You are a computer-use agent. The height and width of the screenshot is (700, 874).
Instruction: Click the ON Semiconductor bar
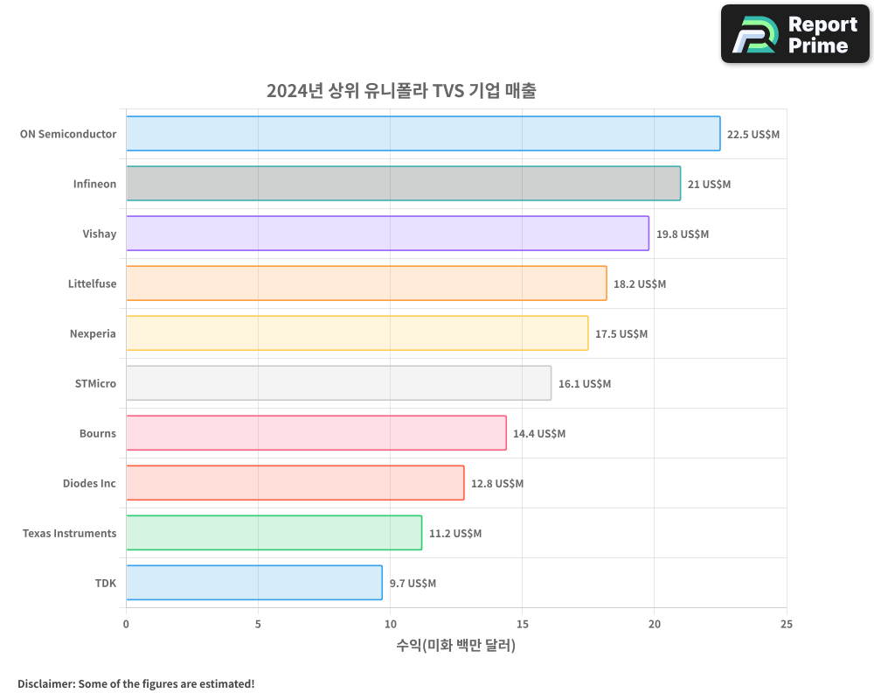[x=423, y=134]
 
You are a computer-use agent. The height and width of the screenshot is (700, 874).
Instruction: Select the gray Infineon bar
[x=403, y=184]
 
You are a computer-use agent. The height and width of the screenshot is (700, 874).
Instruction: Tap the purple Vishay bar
[x=387, y=234]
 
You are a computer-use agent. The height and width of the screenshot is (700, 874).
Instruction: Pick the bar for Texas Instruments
[x=274, y=533]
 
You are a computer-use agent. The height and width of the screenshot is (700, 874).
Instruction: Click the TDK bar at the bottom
[x=254, y=583]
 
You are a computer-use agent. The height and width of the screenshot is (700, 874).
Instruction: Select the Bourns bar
[x=316, y=433]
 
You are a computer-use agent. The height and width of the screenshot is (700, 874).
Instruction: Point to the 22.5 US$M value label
[x=753, y=135]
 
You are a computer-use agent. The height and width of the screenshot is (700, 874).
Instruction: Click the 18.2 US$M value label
[x=639, y=284]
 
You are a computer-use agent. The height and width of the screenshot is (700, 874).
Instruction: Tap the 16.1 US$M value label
[x=584, y=384]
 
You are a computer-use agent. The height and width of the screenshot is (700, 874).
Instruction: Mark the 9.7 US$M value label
[x=413, y=584]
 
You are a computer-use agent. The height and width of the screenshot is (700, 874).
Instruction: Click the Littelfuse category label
[x=92, y=283]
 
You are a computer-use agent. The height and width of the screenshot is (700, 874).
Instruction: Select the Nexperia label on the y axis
[x=93, y=333]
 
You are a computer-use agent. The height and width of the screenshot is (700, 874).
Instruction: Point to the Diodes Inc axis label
[x=89, y=483]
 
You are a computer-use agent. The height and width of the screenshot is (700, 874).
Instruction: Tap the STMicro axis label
[x=95, y=383]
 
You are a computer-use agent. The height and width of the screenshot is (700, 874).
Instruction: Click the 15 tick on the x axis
[x=523, y=624]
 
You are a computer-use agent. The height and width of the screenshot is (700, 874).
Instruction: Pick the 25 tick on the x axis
[x=787, y=624]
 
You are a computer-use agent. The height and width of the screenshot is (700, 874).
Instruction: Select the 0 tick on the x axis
[x=126, y=624]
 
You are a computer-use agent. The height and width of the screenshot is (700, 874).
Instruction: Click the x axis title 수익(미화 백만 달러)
[x=455, y=646]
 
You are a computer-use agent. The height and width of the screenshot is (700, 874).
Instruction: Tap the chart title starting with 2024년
[x=401, y=91]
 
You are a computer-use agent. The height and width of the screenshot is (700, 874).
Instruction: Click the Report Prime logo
[x=794, y=34]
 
